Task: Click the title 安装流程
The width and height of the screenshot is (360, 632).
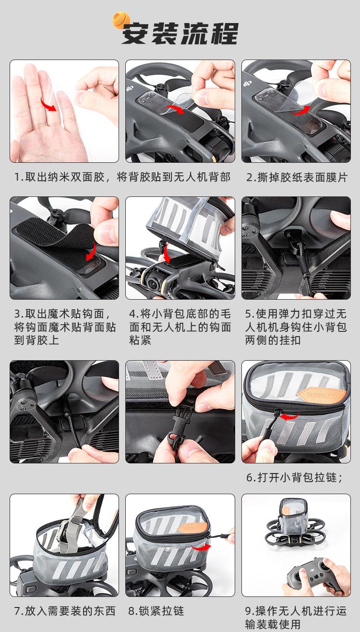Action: (x=180, y=34)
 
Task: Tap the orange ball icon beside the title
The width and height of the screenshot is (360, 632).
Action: (x=121, y=20)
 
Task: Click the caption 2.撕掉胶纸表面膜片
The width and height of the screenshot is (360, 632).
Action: (x=297, y=178)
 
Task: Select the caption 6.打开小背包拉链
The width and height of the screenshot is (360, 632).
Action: (x=294, y=477)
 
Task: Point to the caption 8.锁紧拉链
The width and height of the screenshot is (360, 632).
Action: (x=156, y=611)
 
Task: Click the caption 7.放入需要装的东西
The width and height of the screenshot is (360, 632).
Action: (x=65, y=611)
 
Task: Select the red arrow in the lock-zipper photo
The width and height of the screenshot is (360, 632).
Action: (x=201, y=547)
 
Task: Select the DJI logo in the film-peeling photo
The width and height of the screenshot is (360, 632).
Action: (x=247, y=84)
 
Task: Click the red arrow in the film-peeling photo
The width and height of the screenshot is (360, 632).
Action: (x=300, y=111)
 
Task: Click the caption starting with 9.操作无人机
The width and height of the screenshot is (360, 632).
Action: (x=296, y=617)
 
